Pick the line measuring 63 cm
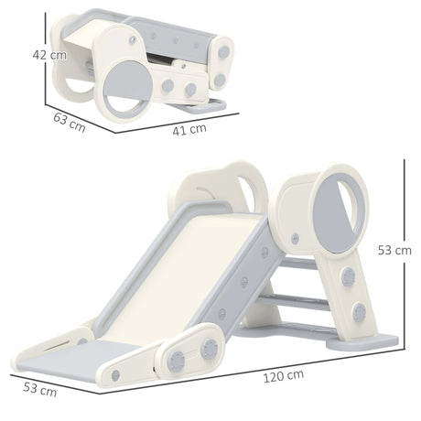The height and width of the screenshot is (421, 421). coord(78,110)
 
